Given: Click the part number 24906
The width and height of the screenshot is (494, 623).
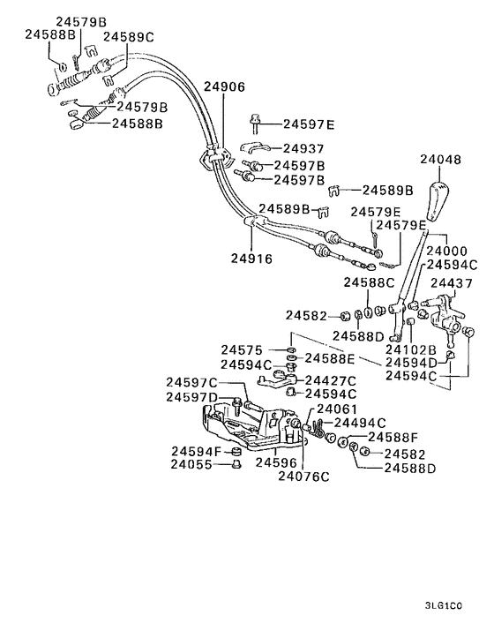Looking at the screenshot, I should click(224, 87).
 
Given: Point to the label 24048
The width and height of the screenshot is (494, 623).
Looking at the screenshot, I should click(440, 161).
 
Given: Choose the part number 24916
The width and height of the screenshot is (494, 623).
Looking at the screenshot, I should click(251, 259).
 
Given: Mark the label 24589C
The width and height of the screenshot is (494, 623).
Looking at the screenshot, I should click(128, 37).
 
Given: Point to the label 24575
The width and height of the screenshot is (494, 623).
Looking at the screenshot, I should click(241, 350).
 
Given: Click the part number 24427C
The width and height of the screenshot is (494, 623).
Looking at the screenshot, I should click(331, 379).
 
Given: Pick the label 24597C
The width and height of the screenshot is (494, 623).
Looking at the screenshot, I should click(191, 382).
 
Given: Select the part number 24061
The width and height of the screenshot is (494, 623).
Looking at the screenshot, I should click(337, 409).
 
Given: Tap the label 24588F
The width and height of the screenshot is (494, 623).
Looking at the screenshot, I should click(393, 437).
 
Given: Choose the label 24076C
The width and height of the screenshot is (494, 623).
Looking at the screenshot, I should click(303, 477).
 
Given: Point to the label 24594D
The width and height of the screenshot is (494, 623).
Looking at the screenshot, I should click(411, 362).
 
